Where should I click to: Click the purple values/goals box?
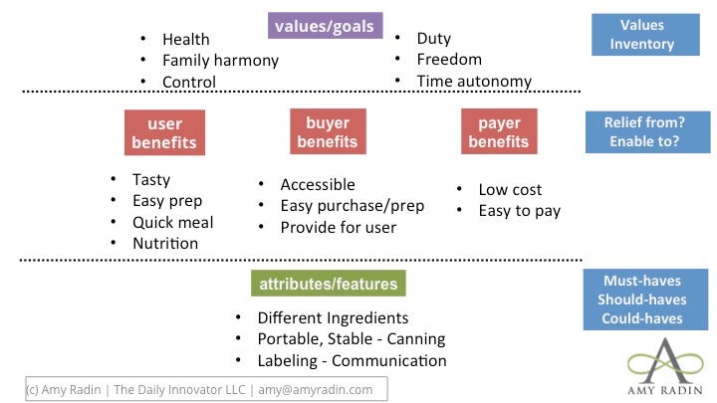point(325,26)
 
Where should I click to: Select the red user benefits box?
point(164,132)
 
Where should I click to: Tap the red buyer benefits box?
point(328,131)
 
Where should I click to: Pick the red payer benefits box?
point(499,131)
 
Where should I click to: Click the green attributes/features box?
point(329,284)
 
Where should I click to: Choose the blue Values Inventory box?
point(645,35)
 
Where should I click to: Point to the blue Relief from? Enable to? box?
point(648,132)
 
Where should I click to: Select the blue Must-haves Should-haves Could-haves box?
point(645,300)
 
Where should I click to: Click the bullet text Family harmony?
point(220,61)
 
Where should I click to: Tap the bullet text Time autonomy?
point(474,82)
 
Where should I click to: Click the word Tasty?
point(151,180)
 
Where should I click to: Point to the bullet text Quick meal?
point(173,223)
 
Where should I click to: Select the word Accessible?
point(318,185)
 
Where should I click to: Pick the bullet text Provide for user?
point(339,228)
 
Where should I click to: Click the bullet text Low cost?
point(510,190)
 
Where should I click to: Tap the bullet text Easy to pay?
point(520,211)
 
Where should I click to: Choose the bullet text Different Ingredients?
point(333,318)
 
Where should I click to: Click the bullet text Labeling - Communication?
point(353,361)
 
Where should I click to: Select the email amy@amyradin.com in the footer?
point(316,390)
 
